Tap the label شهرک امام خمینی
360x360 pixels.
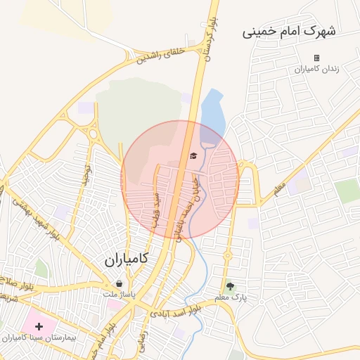tap(289, 32)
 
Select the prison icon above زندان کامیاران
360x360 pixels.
tap(316, 58)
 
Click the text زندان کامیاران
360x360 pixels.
tap(316, 69)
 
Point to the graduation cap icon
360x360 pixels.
tap(193, 156)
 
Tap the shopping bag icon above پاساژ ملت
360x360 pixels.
tap(120, 283)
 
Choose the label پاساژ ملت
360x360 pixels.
tap(120, 294)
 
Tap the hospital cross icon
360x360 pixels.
tap(39, 326)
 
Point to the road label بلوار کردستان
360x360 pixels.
tap(208, 39)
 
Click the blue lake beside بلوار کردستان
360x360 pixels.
tap(212, 112)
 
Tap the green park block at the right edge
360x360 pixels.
tap(347, 191)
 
